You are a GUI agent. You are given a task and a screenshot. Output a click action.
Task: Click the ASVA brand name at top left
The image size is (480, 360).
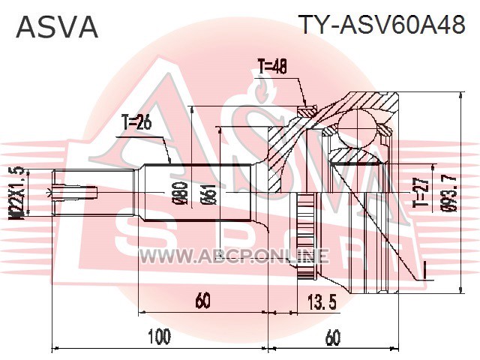pyautogui.click(x=57, y=27)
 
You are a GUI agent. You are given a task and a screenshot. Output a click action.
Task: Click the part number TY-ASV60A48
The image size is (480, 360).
pyautogui.click(x=382, y=25)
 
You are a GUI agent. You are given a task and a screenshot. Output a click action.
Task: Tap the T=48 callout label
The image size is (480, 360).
pyautogui.click(x=273, y=67)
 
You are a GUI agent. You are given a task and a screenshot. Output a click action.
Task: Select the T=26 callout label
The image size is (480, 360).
pyautogui.click(x=136, y=122)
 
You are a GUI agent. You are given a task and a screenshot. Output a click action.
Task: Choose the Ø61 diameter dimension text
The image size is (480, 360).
pyautogui.click(x=210, y=194)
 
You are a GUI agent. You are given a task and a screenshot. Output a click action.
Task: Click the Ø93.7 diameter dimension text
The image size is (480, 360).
pyautogui.click(x=449, y=193)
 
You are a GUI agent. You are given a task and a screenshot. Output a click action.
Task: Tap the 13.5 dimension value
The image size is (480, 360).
pyautogui.click(x=318, y=301)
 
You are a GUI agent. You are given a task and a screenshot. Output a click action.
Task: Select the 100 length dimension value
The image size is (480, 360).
pyautogui.click(x=159, y=337)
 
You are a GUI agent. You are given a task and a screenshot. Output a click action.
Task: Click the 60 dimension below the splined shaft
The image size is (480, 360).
pyautogui.click(x=203, y=300)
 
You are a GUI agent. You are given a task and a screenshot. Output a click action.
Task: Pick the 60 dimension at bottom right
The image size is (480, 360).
pyautogui.click(x=333, y=337)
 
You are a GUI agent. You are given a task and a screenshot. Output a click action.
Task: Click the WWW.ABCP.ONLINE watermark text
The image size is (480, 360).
pyautogui.click(x=235, y=256)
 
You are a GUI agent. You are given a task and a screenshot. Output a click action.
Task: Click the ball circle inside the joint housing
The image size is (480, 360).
pyautogui.click(x=357, y=128)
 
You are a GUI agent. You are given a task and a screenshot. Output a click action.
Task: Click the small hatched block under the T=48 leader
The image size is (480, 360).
pyautogui.click(x=307, y=111)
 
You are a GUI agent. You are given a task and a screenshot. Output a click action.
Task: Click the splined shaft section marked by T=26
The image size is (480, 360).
pyautogui.click(x=198, y=193)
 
